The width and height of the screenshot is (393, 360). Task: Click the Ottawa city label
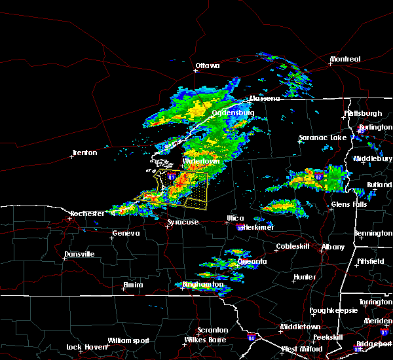(207, 65)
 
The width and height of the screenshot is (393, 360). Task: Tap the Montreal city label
(345, 60)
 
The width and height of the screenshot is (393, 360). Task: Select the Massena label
(263, 98)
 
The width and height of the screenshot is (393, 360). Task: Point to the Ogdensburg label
(233, 113)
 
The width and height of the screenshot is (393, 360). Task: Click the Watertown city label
(200, 160)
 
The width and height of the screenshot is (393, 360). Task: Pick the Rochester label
(88, 213)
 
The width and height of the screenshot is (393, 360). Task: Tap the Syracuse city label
(183, 223)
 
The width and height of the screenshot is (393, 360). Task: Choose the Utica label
(235, 218)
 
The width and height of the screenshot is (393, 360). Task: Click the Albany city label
(332, 247)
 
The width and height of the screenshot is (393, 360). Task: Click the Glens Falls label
(349, 205)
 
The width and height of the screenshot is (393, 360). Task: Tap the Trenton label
(84, 153)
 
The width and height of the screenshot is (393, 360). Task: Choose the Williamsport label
(128, 340)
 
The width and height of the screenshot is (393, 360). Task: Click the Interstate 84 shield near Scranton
(252, 338)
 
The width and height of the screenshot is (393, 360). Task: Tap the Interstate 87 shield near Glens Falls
(318, 177)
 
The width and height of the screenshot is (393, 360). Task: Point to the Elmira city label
(133, 285)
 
